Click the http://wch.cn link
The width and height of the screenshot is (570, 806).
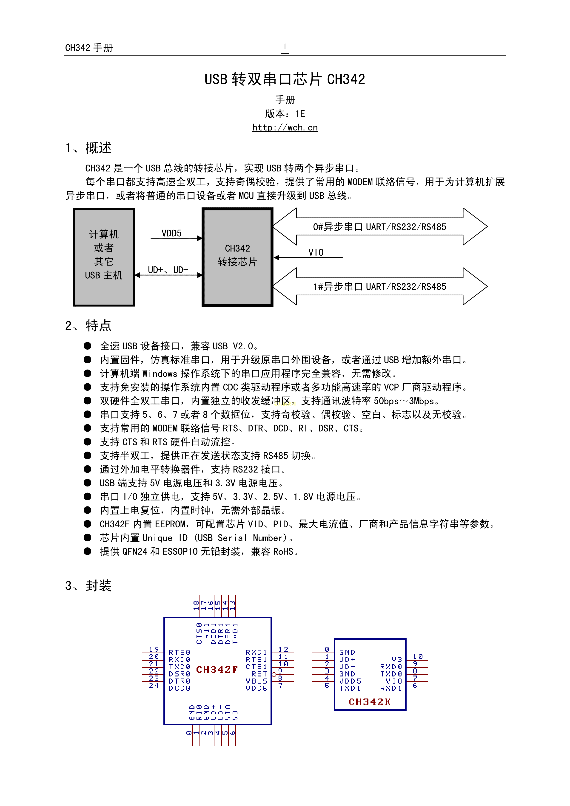(x=285, y=127)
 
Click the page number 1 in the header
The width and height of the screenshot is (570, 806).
(x=285, y=47)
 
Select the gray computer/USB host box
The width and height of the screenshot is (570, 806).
(x=104, y=257)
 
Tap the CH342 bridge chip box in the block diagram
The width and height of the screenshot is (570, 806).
(x=237, y=257)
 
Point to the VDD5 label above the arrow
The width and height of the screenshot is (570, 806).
(x=171, y=233)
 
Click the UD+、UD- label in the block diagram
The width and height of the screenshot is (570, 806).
(x=168, y=270)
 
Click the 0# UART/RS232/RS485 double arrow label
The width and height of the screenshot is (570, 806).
(x=379, y=227)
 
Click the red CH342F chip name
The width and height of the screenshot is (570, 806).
(x=217, y=669)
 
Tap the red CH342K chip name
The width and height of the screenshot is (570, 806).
(x=369, y=702)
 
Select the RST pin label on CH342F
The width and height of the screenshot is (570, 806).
(x=259, y=674)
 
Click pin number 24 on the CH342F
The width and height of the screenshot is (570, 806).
(x=154, y=685)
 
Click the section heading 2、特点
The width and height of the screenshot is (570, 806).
(x=88, y=326)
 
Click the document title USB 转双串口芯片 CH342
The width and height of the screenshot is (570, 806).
(x=285, y=79)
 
